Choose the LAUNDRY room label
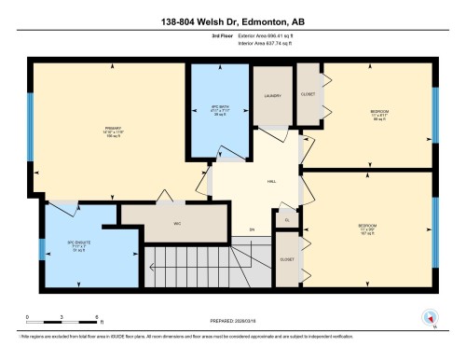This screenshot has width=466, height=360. (273, 95)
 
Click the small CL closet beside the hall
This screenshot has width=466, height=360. (287, 220)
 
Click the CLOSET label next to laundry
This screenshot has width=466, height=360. (308, 95)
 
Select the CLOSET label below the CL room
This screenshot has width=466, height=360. (287, 260)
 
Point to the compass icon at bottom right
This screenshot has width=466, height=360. (430, 317)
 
